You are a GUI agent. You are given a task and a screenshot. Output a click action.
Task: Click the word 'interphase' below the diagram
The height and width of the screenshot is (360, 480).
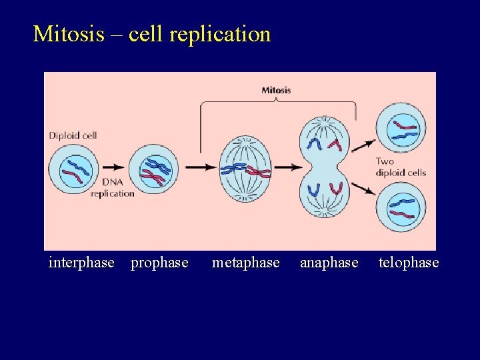[x=81, y=263]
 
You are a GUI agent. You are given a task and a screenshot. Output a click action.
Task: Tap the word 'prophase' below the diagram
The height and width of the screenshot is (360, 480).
[x=159, y=263]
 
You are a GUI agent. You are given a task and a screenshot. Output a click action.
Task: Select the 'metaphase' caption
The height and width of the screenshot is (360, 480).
[x=245, y=263]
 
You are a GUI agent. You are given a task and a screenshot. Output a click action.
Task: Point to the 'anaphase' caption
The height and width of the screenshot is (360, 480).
[x=329, y=263]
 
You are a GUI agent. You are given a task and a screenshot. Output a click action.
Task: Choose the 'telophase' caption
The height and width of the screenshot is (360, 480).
[x=409, y=263]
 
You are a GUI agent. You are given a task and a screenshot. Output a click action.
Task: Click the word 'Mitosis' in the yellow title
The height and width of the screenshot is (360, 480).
[x=69, y=33]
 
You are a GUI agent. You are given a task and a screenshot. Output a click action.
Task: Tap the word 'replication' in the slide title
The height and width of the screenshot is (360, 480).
[x=220, y=34]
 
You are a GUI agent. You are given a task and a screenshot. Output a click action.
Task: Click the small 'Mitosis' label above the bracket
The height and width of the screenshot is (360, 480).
[x=276, y=90]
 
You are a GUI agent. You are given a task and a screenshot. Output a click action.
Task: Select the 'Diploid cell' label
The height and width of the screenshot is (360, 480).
[x=73, y=135]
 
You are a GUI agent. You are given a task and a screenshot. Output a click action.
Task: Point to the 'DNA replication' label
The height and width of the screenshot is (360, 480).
[x=112, y=187]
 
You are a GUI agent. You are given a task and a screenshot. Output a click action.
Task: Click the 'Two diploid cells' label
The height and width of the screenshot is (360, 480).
[x=400, y=167]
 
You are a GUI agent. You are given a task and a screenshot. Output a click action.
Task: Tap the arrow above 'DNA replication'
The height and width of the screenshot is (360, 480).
[x=113, y=167]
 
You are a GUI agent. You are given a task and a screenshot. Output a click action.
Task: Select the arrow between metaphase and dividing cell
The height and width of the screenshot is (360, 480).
[x=289, y=167]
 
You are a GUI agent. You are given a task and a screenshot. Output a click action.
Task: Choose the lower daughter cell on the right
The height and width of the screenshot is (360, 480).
[x=401, y=207]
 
